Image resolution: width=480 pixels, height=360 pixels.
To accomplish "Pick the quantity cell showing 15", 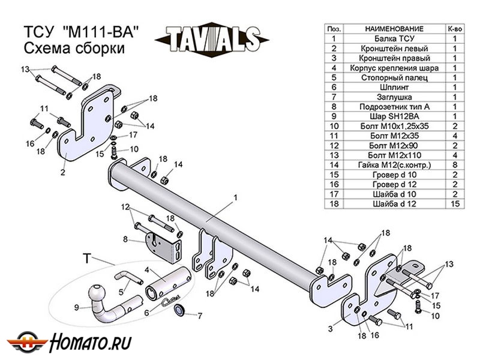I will click(454, 205).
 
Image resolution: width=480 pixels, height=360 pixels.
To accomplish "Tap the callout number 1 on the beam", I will click(236, 197).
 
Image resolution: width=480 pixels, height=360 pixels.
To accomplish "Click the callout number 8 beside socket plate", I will click(125, 239).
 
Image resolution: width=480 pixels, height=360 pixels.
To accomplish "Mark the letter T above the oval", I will click(86, 259).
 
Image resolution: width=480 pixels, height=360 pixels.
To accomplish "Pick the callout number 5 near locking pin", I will click(121, 292).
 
